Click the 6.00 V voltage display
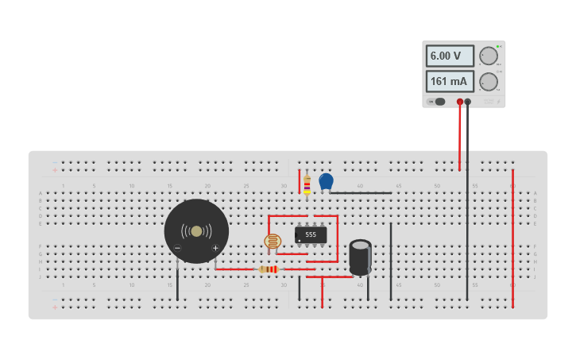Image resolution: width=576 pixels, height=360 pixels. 450,56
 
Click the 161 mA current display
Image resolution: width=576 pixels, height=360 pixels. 450,81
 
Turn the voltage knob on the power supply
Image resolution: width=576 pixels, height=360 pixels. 488,56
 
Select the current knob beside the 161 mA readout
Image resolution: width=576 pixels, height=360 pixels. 489,81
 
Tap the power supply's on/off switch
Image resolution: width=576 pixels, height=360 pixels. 439,101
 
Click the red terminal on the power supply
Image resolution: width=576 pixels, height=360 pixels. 460,102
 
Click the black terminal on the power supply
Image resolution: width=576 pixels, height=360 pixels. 468,102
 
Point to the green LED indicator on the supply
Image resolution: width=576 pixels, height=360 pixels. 498,47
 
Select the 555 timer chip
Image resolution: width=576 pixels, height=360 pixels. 311,234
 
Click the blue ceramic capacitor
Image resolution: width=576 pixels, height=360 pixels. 326,181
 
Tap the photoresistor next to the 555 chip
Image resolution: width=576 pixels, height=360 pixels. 273,241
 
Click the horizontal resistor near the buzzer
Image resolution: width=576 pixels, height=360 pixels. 269,269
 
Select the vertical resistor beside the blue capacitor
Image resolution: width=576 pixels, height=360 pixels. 307,186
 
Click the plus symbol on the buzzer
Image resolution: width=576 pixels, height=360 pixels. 215,248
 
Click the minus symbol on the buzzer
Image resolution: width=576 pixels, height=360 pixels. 177,248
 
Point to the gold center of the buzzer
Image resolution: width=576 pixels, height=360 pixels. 196,231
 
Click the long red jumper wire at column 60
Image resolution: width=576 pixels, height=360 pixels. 512,238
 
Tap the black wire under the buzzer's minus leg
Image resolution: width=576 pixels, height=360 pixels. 177,282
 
